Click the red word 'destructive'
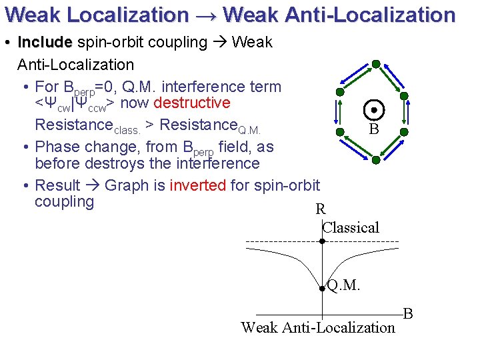coord(192,103)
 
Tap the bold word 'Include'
coord(45,43)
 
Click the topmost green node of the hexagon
coord(376,64)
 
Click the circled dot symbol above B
coord(374,109)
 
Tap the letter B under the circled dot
coord(374,129)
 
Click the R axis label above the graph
coord(321,209)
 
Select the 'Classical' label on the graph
coord(351,227)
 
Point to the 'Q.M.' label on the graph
coord(343,285)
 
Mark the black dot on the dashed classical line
coord(322,241)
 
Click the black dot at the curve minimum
coord(322,289)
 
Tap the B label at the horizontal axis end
coord(408,313)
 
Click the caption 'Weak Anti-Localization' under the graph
coord(318,327)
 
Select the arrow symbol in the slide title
coord(205,15)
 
